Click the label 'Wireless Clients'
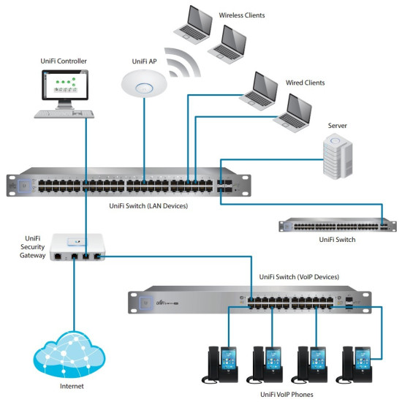(x=241, y=15)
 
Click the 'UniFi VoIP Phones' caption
(x=294, y=394)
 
